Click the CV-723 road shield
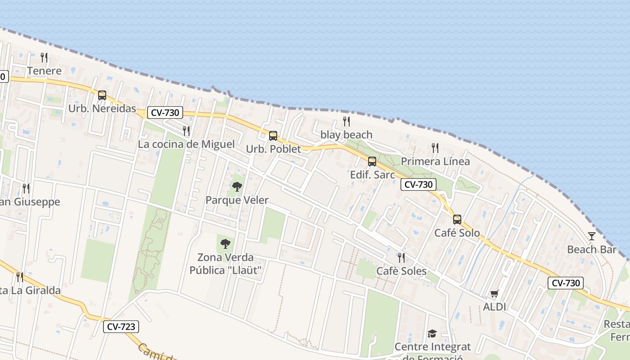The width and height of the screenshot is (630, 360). [121, 327]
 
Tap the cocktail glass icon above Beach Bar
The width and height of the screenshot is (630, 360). [591, 236]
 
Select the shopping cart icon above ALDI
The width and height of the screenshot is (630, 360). [495, 294]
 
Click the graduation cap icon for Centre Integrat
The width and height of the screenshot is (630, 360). [432, 333]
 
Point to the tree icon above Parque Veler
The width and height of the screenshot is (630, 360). [237, 186]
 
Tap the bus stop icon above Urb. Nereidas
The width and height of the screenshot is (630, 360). [102, 95]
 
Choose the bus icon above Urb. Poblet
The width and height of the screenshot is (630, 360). [273, 135]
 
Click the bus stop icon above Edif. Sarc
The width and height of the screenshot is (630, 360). [372, 161]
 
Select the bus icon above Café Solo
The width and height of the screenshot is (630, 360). [457, 219]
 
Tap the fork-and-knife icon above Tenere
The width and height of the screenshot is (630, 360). [44, 57]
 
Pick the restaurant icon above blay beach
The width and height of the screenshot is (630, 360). [346, 121]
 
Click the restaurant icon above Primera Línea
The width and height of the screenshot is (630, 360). [435, 148]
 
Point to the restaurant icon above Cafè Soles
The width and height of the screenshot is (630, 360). [401, 257]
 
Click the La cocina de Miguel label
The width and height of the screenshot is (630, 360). [186, 144]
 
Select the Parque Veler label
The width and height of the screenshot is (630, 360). [237, 200]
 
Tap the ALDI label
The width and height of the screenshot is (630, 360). [495, 307]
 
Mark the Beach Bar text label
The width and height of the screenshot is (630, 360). [591, 249]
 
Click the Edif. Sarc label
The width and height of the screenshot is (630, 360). [373, 175]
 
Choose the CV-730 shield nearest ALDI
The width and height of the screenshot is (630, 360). [566, 283]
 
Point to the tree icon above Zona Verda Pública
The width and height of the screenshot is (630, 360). [225, 244]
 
